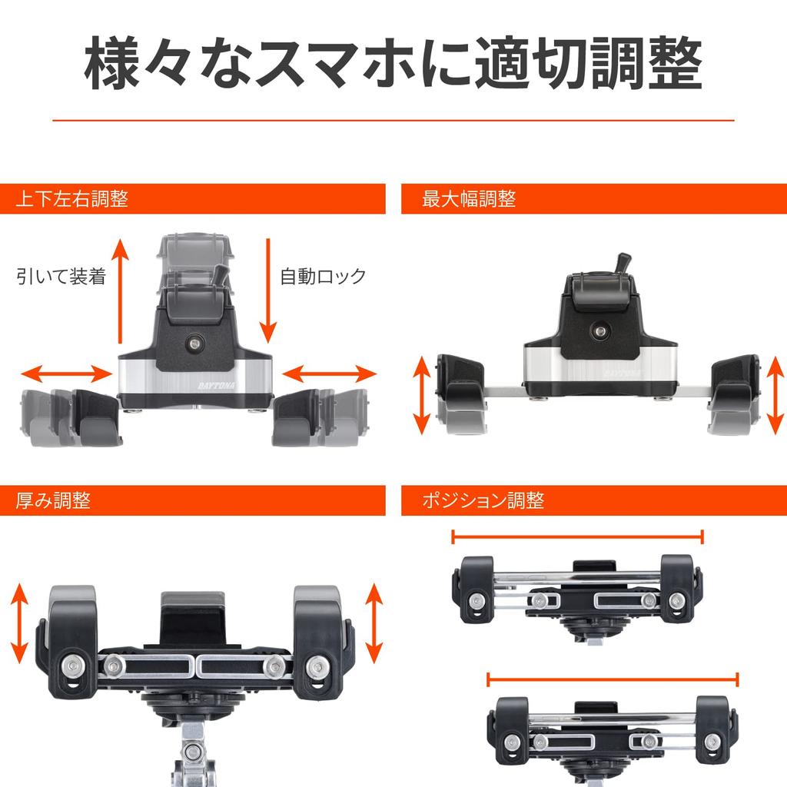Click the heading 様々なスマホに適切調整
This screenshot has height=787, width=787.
[393, 65]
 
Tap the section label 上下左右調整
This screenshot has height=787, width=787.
[71, 199]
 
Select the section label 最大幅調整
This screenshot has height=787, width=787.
[469, 199]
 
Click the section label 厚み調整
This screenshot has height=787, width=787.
[53, 500]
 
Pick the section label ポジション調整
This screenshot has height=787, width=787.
[483, 500]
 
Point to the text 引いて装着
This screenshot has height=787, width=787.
[61, 276]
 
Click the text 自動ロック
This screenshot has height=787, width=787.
[323, 276]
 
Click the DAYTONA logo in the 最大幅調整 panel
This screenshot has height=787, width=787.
[623, 370]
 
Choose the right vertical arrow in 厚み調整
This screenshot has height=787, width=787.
[374, 623]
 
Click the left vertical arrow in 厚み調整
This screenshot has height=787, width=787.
[20, 623]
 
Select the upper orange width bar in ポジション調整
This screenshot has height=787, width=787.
[577, 536]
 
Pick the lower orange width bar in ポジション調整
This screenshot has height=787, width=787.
[613, 679]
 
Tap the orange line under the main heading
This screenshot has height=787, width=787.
[393, 120]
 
